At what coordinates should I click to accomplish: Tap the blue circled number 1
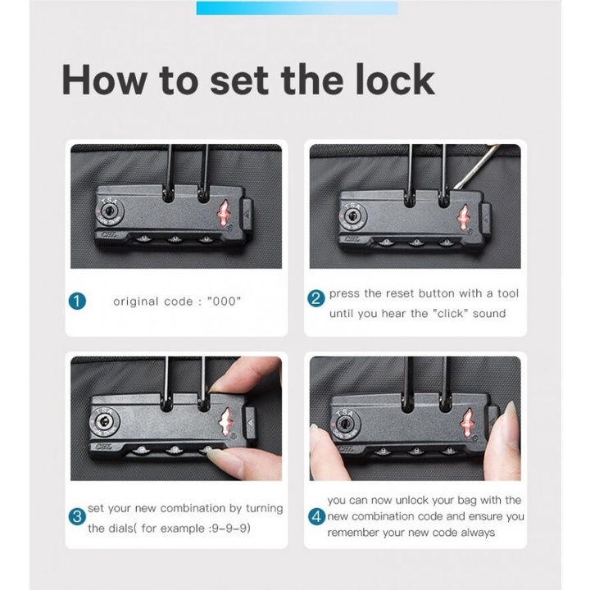[77, 302]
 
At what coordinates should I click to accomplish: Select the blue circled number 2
[315, 299]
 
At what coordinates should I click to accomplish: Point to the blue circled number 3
[77, 516]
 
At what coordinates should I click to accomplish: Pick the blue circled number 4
[316, 516]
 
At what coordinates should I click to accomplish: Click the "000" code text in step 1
[224, 301]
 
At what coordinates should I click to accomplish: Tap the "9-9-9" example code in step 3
[230, 528]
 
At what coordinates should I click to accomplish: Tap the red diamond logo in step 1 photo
[222, 213]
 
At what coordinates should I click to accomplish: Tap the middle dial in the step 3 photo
[175, 450]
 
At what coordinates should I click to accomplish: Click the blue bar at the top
[297, 8]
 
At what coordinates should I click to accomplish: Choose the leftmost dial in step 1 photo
[143, 238]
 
